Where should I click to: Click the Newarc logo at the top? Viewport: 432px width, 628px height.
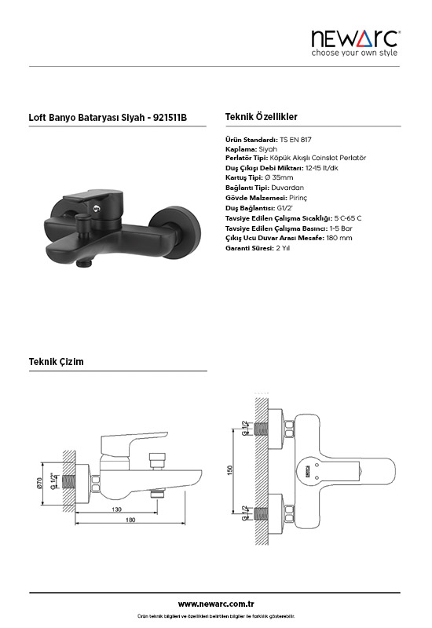[356, 43]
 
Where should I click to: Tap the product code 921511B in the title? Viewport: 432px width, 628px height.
[170, 118]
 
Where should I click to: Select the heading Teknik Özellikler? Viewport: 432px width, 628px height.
[262, 117]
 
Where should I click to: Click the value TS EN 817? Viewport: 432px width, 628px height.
[295, 140]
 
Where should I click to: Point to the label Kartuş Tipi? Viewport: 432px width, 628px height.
[244, 178]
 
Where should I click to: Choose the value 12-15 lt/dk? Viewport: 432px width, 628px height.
[321, 168]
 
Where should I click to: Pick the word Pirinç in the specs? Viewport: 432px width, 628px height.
[298, 198]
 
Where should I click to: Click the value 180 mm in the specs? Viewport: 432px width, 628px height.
[339, 238]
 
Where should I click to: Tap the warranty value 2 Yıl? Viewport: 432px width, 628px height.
[283, 248]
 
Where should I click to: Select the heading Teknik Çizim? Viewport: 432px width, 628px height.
[56, 362]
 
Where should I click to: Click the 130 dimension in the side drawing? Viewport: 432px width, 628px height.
[116, 509]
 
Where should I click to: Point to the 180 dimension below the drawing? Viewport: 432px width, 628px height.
[130, 520]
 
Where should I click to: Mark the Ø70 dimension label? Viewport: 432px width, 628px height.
[38, 484]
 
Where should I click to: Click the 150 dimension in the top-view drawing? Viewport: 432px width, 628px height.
[229, 470]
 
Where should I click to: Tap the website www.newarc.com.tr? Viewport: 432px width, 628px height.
[216, 604]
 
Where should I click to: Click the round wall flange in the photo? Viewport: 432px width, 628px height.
[174, 232]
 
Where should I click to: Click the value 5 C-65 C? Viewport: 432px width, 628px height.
[347, 219]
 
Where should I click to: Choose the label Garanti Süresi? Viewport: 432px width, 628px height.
[250, 248]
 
